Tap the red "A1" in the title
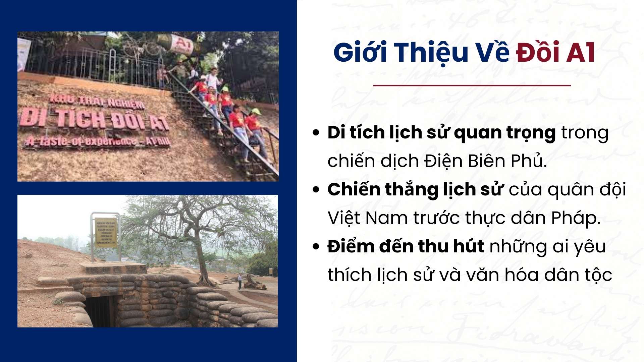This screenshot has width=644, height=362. click(x=581, y=53)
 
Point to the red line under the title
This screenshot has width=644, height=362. click(x=472, y=85)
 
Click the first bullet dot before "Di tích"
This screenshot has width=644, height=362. click(x=316, y=132)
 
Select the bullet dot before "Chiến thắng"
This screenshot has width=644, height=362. click(x=316, y=189)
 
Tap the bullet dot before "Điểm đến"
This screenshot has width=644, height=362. click(x=316, y=246)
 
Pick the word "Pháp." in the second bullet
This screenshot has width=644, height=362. click(x=576, y=218)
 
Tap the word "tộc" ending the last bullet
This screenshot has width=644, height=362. click(x=598, y=275)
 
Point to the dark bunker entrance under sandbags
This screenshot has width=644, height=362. click(x=100, y=311)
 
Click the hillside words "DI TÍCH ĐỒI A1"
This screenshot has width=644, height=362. click(x=94, y=120)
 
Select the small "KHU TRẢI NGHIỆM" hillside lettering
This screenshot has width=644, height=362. click(x=97, y=102)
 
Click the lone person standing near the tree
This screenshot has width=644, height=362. click(x=239, y=281)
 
